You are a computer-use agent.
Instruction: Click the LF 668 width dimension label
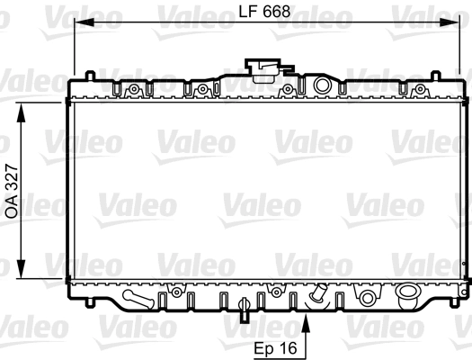point(264,12)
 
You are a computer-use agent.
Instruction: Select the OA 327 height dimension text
point(13,191)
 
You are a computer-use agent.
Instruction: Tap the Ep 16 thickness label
point(275,348)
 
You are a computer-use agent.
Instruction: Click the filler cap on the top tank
point(264,71)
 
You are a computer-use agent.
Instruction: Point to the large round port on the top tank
point(322,85)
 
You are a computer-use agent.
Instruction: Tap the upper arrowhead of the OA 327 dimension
point(21,112)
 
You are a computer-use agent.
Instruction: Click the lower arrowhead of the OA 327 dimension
point(21,269)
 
